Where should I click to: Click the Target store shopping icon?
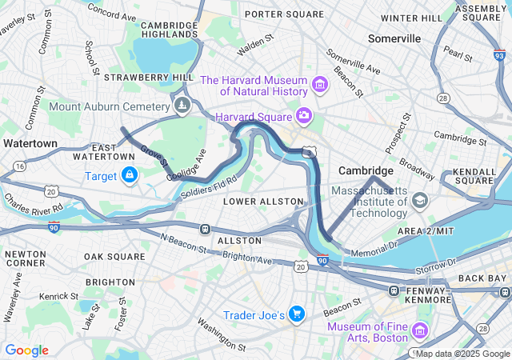point(130,175)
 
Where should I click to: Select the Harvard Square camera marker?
point(304,117)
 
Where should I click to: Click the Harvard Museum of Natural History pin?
point(320,85)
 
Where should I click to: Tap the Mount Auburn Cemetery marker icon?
point(183,106)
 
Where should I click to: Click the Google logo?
point(26,350)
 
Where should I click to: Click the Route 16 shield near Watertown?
point(18,164)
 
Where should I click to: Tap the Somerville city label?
point(394,38)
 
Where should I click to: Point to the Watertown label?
point(30,142)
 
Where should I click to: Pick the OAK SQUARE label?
point(115,257)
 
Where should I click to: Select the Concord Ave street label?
point(112,10)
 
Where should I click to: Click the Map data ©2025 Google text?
point(462,354)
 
